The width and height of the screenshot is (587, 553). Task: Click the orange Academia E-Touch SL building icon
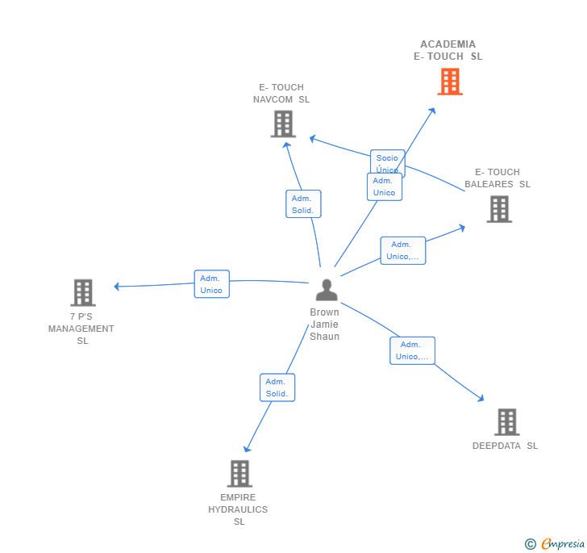[450, 82]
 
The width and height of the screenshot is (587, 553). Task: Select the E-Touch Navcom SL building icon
[282, 124]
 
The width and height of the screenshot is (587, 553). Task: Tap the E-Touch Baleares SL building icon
[499, 209]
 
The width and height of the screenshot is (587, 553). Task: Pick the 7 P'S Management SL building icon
[82, 292]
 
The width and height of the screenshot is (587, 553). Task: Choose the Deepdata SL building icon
[506, 421]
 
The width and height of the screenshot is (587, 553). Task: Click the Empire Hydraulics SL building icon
[239, 473]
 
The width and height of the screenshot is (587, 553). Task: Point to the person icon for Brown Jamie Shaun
[326, 290]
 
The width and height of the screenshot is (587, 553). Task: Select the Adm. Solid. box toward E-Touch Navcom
[303, 204]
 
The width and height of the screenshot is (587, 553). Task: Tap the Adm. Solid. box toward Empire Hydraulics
[277, 388]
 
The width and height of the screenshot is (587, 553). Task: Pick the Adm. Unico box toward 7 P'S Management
[211, 284]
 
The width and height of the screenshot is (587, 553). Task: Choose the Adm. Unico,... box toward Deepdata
[412, 350]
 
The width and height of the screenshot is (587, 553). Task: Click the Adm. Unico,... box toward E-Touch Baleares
[402, 250]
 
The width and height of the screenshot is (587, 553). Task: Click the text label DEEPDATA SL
[505, 446]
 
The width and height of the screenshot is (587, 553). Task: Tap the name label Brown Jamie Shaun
[325, 325]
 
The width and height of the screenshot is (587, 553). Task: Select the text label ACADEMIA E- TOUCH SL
[448, 50]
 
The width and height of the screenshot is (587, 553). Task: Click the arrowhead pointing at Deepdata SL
[481, 398]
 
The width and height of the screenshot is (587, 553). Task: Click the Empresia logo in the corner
[556, 543]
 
